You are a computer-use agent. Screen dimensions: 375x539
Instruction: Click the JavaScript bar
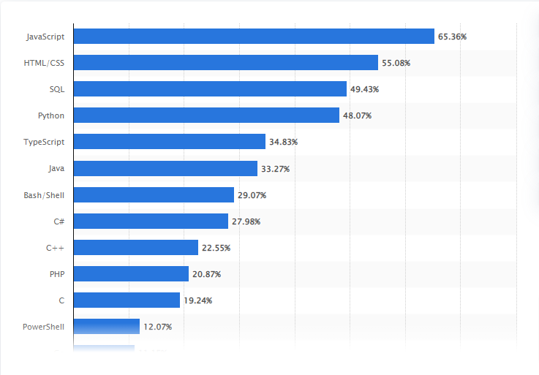click(x=254, y=36)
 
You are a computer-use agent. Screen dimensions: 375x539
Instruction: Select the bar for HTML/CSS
click(x=226, y=63)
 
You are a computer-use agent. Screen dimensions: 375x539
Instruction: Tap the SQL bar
click(x=210, y=89)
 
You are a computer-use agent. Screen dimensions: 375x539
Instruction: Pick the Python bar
click(x=206, y=115)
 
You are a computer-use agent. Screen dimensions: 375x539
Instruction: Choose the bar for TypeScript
click(x=170, y=142)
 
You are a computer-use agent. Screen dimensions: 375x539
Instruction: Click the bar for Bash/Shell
click(x=154, y=194)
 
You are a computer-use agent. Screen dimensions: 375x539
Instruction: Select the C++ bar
click(x=136, y=248)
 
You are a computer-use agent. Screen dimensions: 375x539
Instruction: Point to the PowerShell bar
click(x=107, y=327)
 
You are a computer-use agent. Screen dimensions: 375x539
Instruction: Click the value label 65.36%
click(x=452, y=36)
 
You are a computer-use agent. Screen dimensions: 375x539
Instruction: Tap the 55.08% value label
click(x=396, y=63)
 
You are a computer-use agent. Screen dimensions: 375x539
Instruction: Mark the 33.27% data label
click(x=275, y=169)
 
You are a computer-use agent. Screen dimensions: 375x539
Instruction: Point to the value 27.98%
click(x=246, y=221)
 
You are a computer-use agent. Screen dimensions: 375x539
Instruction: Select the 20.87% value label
click(x=206, y=274)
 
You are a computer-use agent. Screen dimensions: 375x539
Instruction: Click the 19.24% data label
click(x=197, y=300)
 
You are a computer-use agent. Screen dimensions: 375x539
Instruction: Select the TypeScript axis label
click(x=44, y=142)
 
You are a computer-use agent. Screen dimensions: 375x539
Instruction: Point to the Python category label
click(x=51, y=115)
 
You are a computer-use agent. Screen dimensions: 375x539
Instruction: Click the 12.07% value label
click(x=157, y=327)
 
